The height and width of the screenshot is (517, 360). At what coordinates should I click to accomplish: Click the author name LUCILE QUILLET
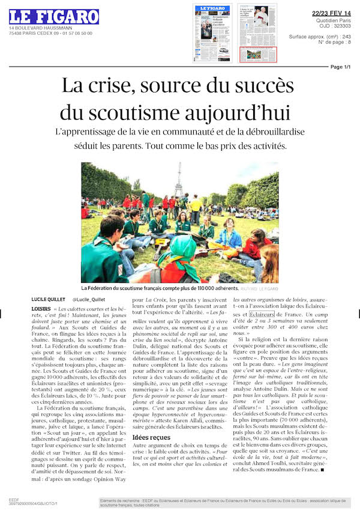tap(49, 299)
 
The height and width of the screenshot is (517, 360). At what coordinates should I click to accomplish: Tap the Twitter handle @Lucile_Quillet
tap(89, 299)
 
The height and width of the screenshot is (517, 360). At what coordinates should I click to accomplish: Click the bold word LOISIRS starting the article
tap(41, 309)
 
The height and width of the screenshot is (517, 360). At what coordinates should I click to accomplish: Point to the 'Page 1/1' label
tap(340, 67)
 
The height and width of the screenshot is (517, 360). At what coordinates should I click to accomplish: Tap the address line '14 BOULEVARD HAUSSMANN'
tap(35, 29)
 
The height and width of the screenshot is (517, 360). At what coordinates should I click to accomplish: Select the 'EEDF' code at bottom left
tap(14, 498)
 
